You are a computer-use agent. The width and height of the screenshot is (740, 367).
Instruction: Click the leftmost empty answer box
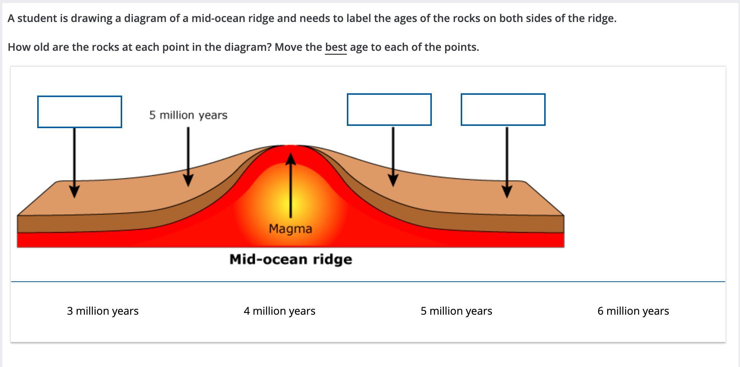80,112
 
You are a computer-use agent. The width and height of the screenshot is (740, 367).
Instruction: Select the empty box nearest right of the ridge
389,110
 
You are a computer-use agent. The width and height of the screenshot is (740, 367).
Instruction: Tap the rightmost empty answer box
503,110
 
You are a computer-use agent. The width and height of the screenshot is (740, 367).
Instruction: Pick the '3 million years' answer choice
103,311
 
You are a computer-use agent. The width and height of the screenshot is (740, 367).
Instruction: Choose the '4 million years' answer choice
280,311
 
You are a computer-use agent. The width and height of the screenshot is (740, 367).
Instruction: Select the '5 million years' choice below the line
456,311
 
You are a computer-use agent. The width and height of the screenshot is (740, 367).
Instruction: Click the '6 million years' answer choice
633,311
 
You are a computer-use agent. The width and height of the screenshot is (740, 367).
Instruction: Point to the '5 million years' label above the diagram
188,115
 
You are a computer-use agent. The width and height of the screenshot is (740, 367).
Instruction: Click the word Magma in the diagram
290,229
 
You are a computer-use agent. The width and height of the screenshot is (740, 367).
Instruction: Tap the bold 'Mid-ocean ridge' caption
291,259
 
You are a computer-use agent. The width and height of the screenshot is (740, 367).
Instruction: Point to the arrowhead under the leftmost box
75,191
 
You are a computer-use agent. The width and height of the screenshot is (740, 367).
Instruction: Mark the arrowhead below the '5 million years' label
188,180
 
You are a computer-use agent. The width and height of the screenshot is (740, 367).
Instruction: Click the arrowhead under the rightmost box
507,191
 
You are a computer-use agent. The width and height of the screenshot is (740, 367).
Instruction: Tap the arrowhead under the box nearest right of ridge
393,180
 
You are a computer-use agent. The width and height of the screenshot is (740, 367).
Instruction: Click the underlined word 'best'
336,47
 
